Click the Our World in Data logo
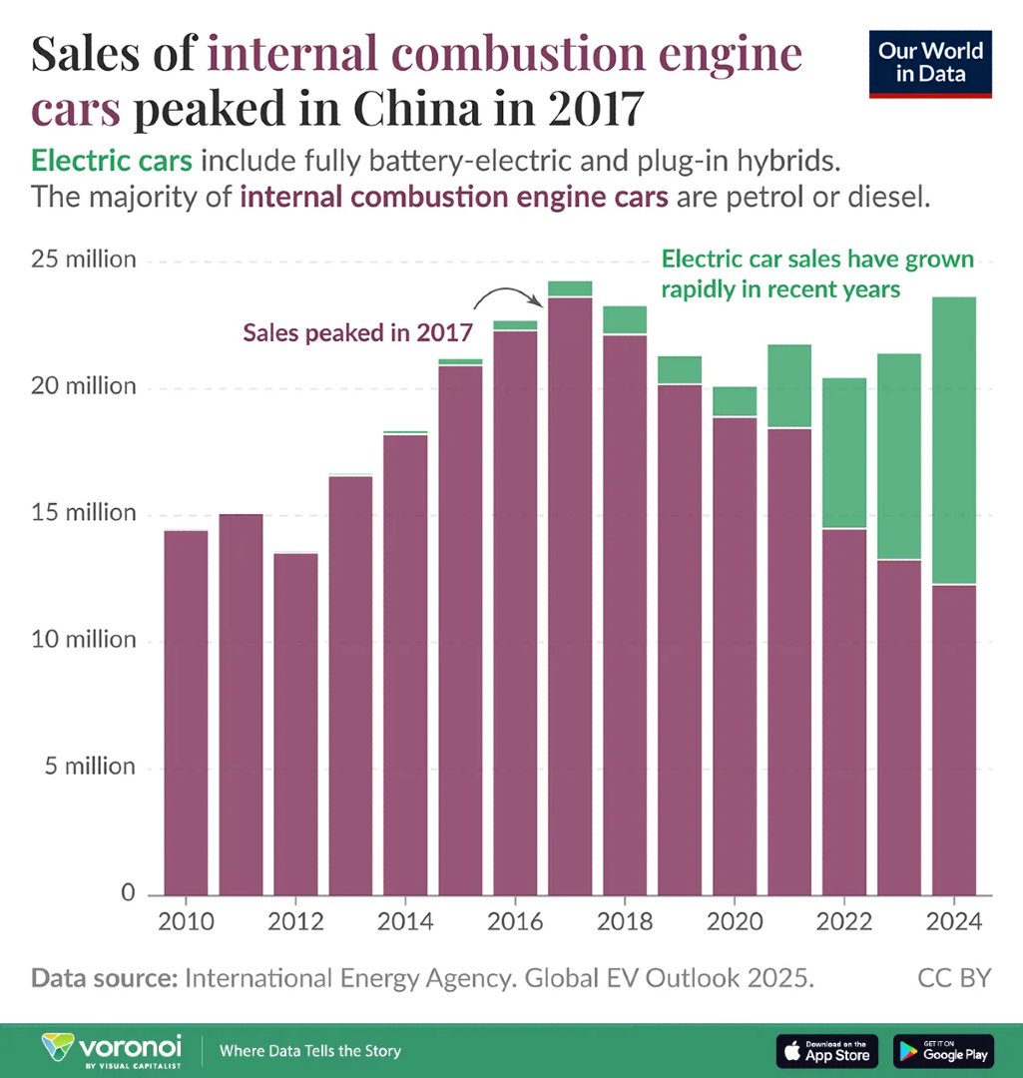[x=930, y=65]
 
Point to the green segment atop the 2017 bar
[x=569, y=289]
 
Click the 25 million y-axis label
[x=83, y=261]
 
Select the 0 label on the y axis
[x=128, y=893]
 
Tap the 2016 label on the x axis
[x=514, y=920]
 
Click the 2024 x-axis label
[x=953, y=920]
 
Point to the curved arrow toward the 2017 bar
[x=509, y=295]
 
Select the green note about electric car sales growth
[x=816, y=274]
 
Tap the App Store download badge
[x=826, y=1050]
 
